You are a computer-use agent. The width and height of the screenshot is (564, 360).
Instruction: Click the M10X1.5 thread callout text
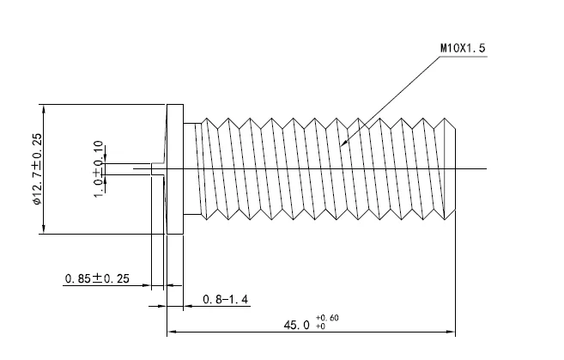463,49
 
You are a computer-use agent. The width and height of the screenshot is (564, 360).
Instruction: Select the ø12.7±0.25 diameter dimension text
36,169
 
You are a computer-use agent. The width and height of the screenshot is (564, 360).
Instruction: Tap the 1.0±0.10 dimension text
98,168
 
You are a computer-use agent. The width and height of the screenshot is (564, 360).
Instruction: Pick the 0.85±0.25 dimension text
96,279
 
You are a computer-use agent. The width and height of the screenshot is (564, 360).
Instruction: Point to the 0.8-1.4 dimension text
225,299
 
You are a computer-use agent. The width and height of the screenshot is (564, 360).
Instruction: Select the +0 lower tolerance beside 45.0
320,327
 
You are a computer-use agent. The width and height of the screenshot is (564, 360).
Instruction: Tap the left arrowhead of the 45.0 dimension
170,331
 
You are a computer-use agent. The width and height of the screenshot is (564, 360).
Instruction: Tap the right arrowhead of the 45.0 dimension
452,331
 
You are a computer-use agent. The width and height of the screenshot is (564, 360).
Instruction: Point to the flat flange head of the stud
175,169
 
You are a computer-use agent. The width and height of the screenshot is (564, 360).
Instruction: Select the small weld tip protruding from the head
158,168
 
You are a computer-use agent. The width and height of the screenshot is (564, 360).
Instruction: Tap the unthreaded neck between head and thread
191,169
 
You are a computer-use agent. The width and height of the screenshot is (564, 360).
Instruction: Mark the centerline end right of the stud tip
485,168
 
